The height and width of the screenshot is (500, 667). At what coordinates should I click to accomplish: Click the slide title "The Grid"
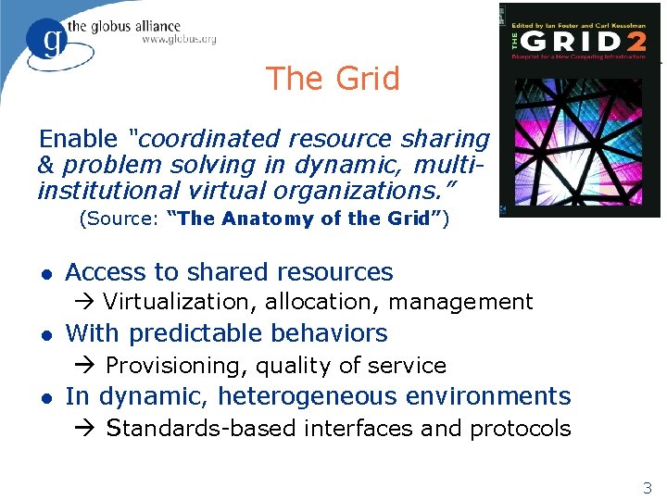point(333,79)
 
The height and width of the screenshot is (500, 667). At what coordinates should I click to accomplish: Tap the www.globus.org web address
point(179,39)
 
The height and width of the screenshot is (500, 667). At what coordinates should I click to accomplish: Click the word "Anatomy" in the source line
point(262,219)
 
